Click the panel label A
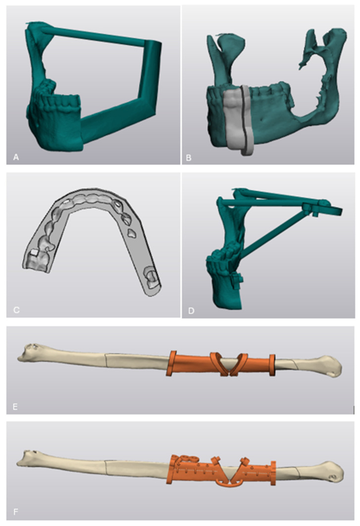pyautogui.click(x=16, y=157)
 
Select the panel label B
pyautogui.click(x=189, y=157)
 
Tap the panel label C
pyautogui.click(x=16, y=310)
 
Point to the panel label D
pyautogui.click(x=192, y=311)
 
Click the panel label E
pyautogui.click(x=15, y=407)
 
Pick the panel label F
pyautogui.click(x=15, y=512)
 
